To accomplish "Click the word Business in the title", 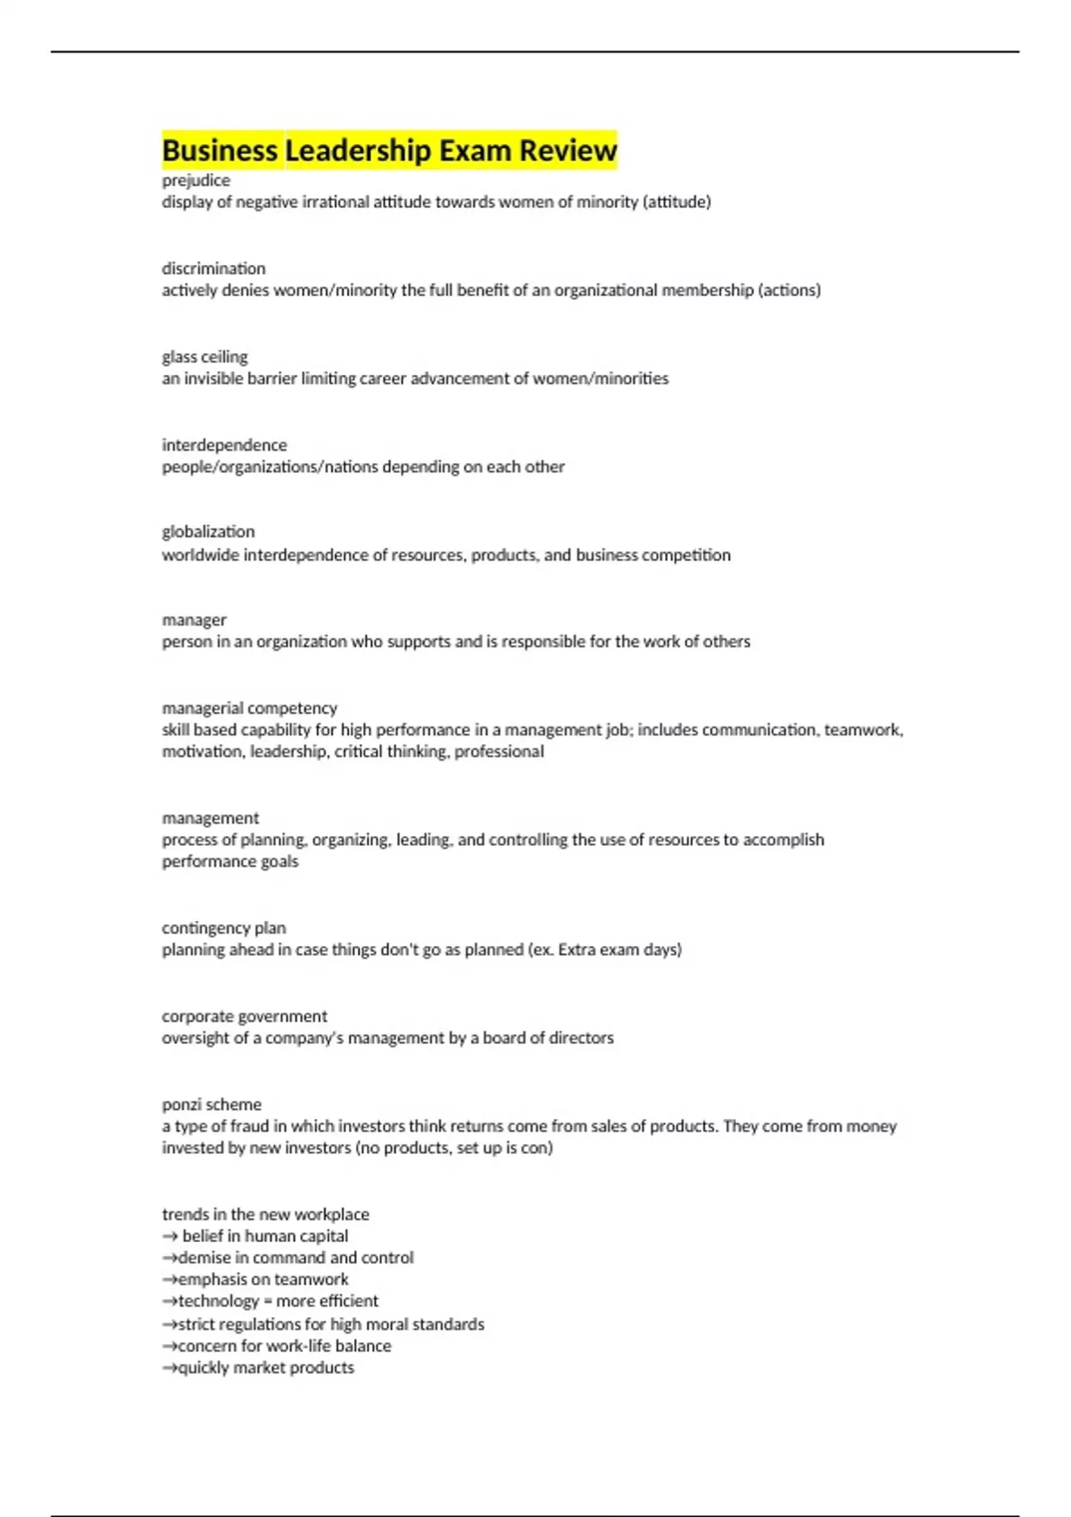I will click(x=220, y=151).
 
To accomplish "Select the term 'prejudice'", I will click(x=195, y=180).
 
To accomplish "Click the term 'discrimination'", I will click(x=213, y=269).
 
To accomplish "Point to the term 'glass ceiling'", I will click(x=204, y=357).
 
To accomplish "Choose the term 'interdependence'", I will click(x=224, y=444).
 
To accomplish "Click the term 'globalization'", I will click(x=208, y=532).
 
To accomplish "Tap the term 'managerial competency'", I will click(x=249, y=708).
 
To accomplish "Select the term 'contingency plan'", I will click(x=223, y=928).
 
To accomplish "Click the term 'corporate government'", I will click(x=244, y=1016).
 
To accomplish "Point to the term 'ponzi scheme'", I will click(x=212, y=1105).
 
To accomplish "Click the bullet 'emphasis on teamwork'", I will click(x=263, y=1280).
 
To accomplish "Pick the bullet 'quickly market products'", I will click(x=266, y=1368).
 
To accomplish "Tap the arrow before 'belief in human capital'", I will click(x=170, y=1237).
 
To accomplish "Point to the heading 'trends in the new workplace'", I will click(x=265, y=1214).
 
